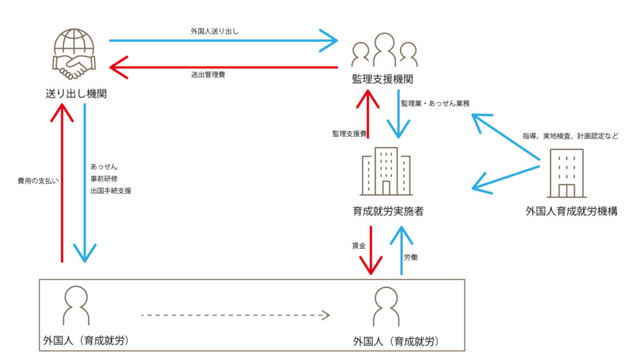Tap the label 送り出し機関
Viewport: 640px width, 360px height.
(76, 94)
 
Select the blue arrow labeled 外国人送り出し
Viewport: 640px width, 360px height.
(223, 41)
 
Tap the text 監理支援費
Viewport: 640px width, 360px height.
(349, 134)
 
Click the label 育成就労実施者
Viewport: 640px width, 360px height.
(387, 211)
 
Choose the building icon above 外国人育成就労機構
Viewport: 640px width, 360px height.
(566, 173)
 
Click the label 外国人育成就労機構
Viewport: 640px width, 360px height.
(571, 211)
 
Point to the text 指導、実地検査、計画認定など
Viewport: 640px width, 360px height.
(571, 136)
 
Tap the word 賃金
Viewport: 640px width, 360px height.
(359, 246)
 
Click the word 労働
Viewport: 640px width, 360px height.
(411, 256)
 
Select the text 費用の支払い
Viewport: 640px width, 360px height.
(38, 181)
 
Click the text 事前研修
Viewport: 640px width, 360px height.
(104, 179)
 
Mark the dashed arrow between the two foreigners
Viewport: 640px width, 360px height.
(235, 315)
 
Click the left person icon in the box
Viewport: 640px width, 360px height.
(77, 306)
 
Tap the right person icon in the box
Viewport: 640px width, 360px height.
(386, 306)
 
